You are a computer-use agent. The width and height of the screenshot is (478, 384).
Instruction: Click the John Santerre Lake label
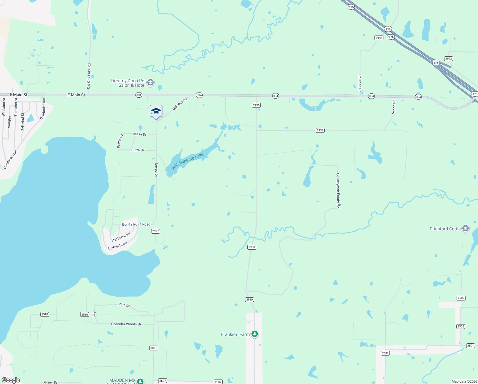[187, 161]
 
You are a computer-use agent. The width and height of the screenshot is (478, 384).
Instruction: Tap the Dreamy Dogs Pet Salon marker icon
[150, 83]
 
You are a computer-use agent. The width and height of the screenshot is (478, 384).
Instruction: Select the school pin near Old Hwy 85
[156, 111]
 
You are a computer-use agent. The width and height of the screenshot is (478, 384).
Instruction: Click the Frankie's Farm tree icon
[254, 334]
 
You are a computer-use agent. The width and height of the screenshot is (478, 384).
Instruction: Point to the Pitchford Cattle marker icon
[466, 228]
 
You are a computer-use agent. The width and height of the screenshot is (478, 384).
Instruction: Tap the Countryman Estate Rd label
[338, 191]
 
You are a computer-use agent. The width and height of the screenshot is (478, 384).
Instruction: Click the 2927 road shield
[156, 231]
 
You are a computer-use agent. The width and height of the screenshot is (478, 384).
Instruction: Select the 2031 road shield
[154, 348]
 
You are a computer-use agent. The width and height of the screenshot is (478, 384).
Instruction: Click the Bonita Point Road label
[136, 224]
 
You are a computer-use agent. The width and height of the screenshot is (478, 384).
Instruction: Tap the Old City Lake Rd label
[89, 76]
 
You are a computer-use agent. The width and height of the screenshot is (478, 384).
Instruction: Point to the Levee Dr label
[156, 170]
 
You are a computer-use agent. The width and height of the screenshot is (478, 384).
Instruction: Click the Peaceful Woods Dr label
[126, 324]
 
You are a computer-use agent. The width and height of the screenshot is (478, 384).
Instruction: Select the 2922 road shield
[449, 59]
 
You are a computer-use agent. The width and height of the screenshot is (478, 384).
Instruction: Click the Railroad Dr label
[360, 83]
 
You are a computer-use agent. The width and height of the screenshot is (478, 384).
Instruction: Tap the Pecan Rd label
[394, 107]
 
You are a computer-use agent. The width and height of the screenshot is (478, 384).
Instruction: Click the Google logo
[11, 380]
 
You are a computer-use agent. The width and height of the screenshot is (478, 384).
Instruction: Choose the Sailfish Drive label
[117, 246]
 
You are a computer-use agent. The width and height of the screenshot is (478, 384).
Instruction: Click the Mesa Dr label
[140, 134]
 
